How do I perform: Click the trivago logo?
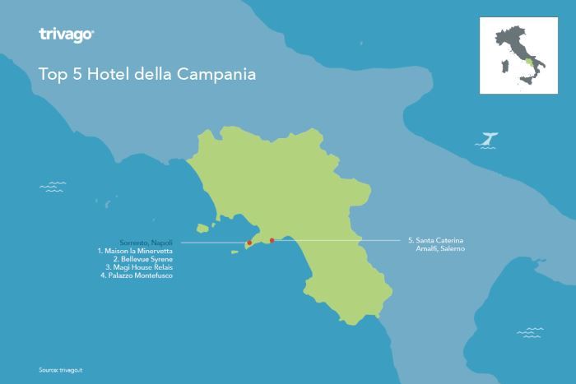pyautogui.click(x=67, y=35)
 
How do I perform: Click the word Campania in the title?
pyautogui.click(x=221, y=73)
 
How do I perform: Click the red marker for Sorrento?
pyautogui.click(x=249, y=243)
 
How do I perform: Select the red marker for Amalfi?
pyautogui.click(x=272, y=241)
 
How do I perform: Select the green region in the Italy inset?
pyautogui.click(x=527, y=62)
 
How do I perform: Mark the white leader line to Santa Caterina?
pyautogui.click(x=337, y=241)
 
